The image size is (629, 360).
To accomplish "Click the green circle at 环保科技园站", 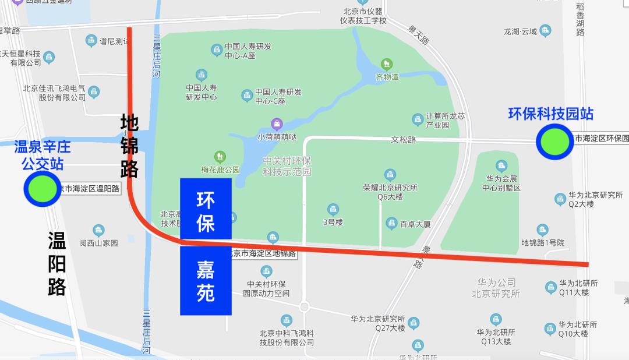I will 554,141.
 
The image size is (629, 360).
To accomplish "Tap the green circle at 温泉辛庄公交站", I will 42,189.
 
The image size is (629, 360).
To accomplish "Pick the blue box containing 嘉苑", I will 206,281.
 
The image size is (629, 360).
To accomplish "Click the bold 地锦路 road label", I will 129,146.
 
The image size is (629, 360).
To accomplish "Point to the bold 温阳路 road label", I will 56,263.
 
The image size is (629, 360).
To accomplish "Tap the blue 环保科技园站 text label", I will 550,114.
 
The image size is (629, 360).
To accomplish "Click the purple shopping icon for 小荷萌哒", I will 277,123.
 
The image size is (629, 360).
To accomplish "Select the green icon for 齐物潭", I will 386,63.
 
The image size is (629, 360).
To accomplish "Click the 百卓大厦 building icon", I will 392,223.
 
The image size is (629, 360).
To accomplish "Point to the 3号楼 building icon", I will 333,209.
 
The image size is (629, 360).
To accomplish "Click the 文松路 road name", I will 403,140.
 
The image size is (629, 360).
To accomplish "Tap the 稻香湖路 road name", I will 580,20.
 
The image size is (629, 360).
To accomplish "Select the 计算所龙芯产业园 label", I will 446,120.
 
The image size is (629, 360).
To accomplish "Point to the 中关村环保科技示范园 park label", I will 287,166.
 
